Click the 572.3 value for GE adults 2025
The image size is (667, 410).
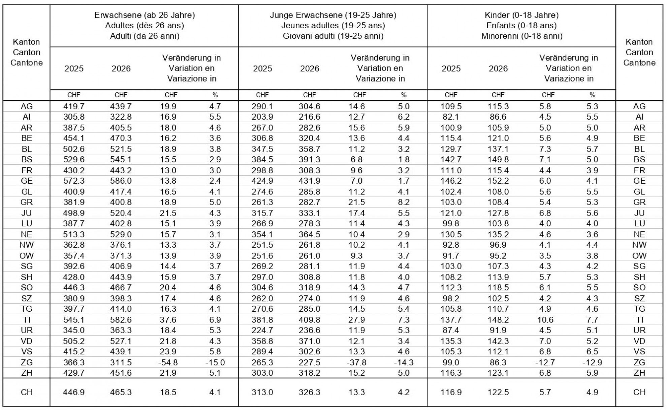tap(74, 181)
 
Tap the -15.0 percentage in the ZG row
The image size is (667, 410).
tap(215, 362)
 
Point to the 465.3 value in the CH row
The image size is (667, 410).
tap(121, 392)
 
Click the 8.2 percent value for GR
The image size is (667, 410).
tap(404, 202)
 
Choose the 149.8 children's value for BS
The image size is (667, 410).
tap(498, 159)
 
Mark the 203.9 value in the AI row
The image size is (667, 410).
tap(262, 117)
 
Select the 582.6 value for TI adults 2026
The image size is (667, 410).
tap(121, 320)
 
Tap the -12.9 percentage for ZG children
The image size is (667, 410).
tap(592, 362)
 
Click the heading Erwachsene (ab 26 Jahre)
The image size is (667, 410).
tap(145, 15)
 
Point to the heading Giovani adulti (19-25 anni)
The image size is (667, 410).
tap(333, 36)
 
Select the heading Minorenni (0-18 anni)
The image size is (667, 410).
tap(522, 36)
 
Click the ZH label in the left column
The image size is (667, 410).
tap(27, 373)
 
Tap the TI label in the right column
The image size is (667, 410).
tap(639, 320)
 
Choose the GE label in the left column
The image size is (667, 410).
tap(27, 181)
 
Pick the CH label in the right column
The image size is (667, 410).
tap(639, 392)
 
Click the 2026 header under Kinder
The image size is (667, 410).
tap(498, 68)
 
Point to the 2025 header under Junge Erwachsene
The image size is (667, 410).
tap(262, 68)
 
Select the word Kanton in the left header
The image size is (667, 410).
tap(27, 42)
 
